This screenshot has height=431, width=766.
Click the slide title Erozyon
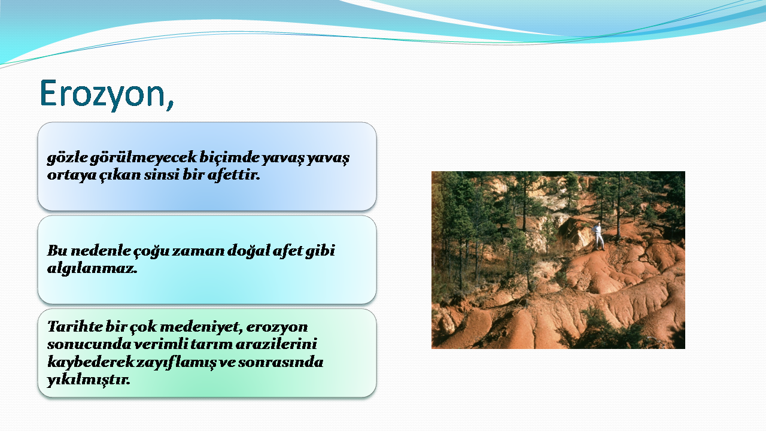(x=107, y=94)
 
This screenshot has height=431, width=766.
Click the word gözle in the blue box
(x=68, y=158)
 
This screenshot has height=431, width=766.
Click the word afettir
(x=233, y=175)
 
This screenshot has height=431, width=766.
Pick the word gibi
(x=320, y=251)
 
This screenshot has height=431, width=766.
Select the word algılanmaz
(x=92, y=269)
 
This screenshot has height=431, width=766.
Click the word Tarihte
(x=75, y=327)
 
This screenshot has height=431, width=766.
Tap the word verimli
(x=160, y=344)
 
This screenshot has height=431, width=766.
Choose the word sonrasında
(x=281, y=362)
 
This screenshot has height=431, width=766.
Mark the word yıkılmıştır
(x=89, y=380)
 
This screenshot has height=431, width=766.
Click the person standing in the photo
(x=598, y=236)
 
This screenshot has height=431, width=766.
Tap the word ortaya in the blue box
(x=72, y=175)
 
